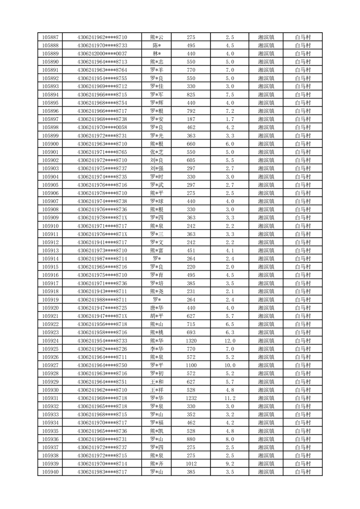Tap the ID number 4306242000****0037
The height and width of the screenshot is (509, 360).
coord(102,54)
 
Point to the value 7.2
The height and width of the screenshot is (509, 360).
coord(229,111)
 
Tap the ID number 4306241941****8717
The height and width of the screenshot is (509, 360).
coord(102,242)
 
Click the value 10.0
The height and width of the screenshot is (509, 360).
coord(229,365)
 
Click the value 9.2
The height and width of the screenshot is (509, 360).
coord(229,464)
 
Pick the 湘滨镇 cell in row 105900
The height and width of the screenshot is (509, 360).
coord(266,144)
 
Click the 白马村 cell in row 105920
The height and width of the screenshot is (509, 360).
coord(302,308)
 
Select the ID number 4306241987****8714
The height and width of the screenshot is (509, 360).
coord(102,259)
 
